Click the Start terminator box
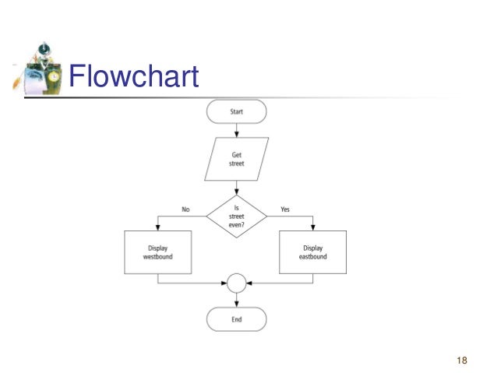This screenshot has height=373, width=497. [x=236, y=112]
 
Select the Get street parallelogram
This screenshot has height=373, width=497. [x=236, y=160]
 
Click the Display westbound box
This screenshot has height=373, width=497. [x=157, y=252]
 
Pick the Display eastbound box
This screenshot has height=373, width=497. [x=313, y=252]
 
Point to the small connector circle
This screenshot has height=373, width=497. [x=236, y=282]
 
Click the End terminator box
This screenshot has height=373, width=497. [x=236, y=319]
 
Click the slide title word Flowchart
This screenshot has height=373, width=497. [x=133, y=78]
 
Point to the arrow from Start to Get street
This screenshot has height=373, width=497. [x=236, y=131]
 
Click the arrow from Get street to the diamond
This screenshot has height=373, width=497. [x=236, y=188]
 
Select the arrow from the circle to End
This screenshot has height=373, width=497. [x=236, y=300]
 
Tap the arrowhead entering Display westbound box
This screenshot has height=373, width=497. [x=157, y=227]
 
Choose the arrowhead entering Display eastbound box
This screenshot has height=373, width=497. [x=313, y=227]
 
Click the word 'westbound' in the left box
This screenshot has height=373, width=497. [x=157, y=257]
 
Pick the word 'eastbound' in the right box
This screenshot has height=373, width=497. [x=313, y=257]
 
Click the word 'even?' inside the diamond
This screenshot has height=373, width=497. [x=236, y=225]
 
